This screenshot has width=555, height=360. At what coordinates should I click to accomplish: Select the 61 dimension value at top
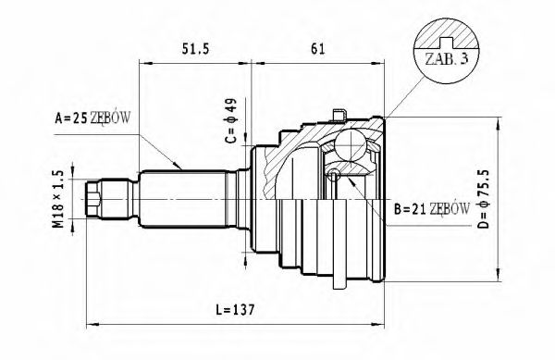pyautogui.click(x=317, y=48)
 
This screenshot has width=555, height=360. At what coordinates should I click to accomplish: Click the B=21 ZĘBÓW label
pyautogui.click(x=432, y=210)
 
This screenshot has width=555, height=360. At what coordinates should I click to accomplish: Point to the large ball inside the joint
pyautogui.click(x=352, y=145)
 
